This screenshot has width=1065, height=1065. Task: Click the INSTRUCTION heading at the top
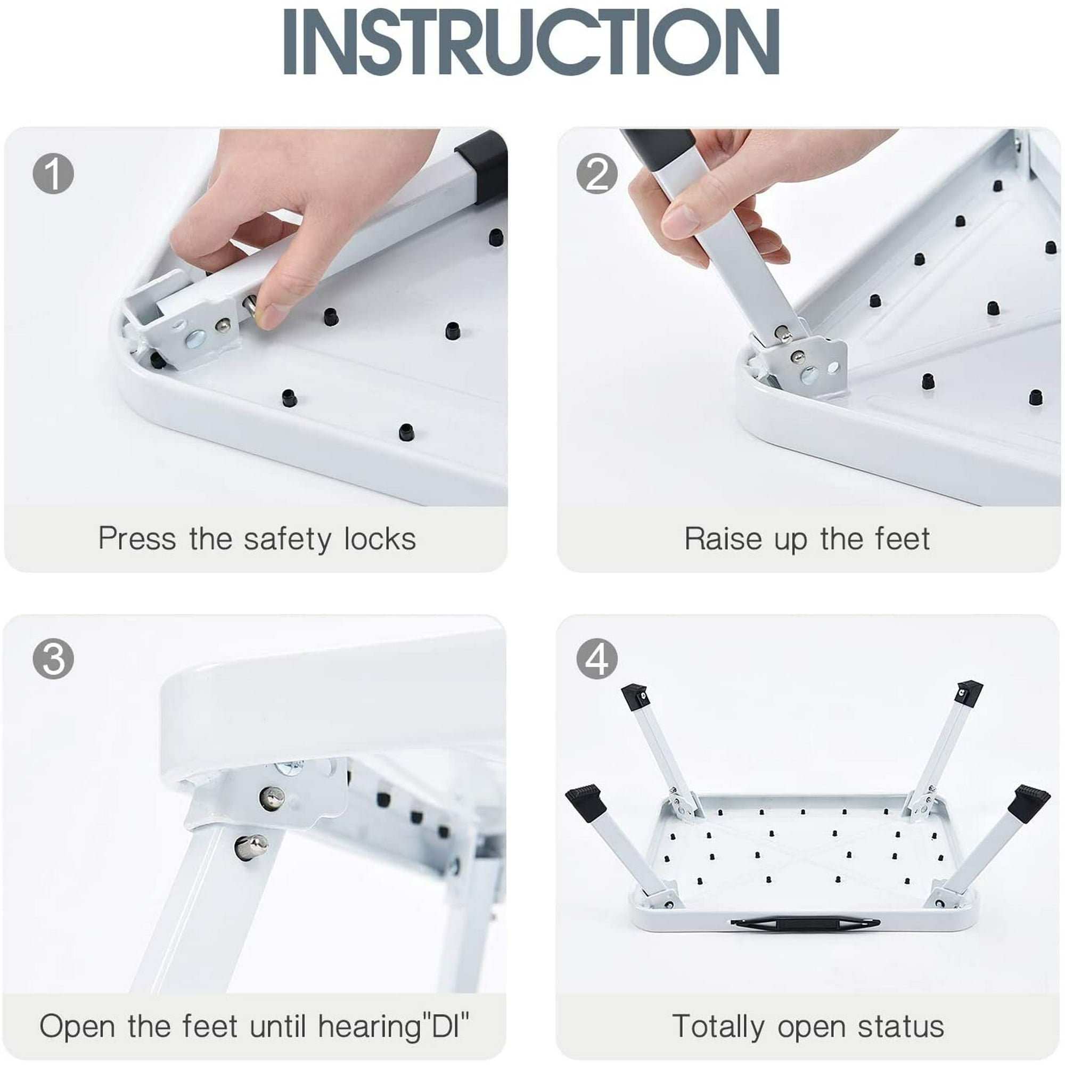pyautogui.click(x=531, y=42)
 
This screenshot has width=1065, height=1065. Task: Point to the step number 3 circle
pyautogui.click(x=53, y=658)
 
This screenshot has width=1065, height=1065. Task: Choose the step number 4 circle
pyautogui.click(x=596, y=658)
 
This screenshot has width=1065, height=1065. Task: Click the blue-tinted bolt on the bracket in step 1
pyautogui.click(x=195, y=339)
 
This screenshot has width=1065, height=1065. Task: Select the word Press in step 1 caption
pyautogui.click(x=137, y=538)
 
